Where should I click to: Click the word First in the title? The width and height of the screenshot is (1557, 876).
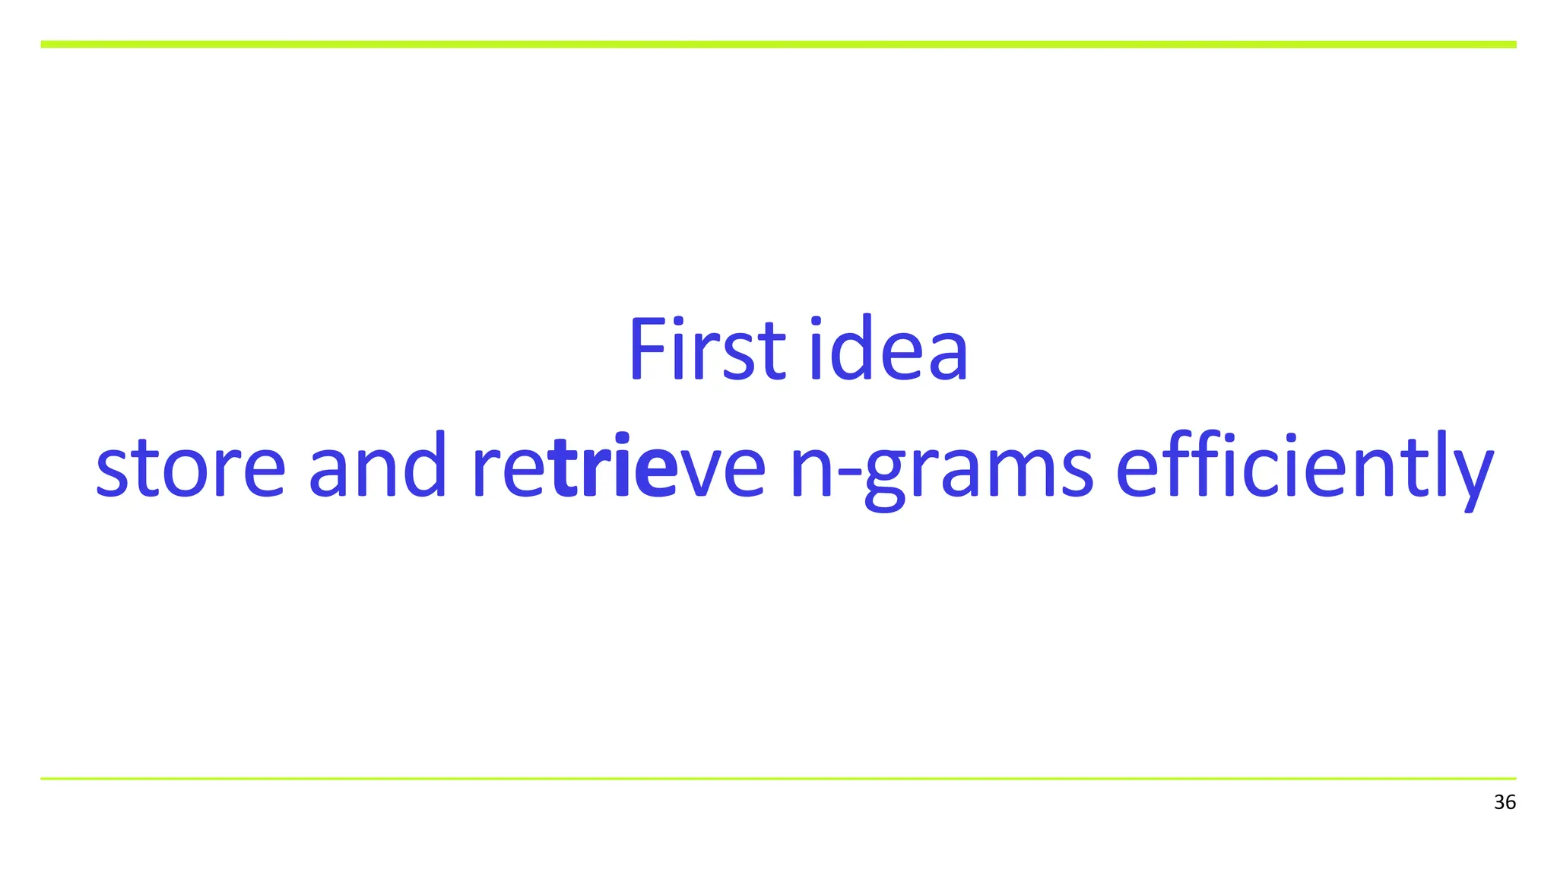[706, 350]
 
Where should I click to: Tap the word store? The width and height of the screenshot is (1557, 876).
[190, 466]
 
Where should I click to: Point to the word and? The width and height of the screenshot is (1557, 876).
[377, 465]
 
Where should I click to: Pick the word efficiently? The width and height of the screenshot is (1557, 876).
[1305, 466]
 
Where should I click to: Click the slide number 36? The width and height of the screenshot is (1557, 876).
[1505, 802]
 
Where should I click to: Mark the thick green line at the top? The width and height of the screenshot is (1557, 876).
[778, 45]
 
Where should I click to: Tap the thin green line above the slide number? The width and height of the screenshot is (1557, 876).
[778, 778]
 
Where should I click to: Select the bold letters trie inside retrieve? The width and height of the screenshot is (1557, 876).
[614, 465]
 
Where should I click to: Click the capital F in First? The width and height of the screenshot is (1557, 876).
[645, 350]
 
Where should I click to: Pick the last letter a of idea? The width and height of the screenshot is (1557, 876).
[948, 357]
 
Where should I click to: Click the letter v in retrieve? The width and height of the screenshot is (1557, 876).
[699, 471]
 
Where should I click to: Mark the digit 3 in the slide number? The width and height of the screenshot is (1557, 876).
[1499, 802]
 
